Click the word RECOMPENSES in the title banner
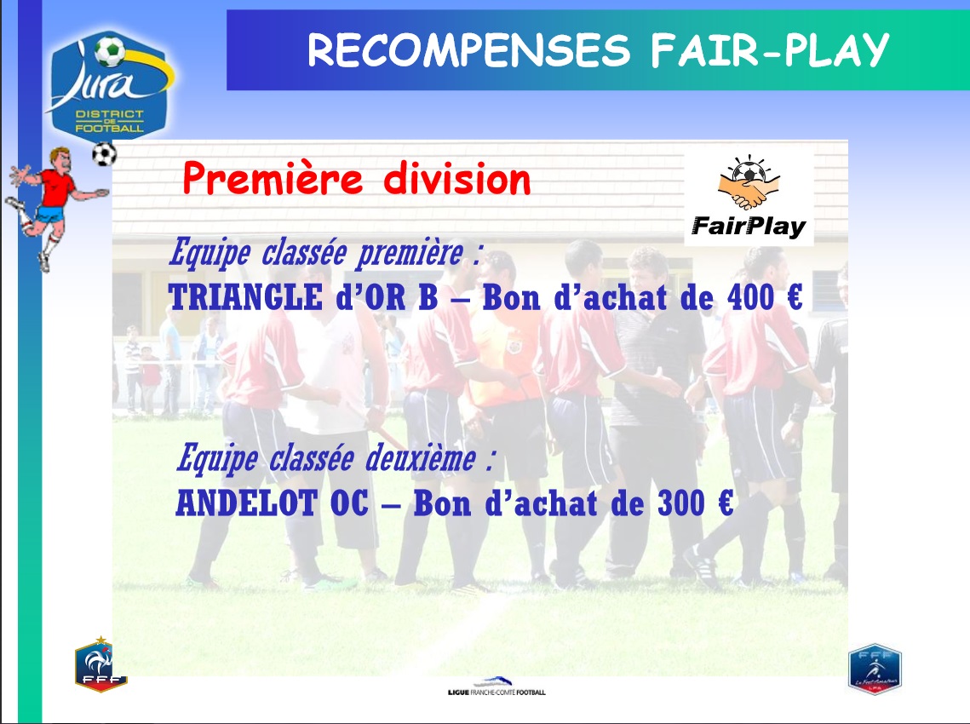point(469,50)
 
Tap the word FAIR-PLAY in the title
point(770,50)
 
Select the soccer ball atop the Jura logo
point(110,51)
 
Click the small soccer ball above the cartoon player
point(104,153)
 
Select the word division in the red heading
point(457,178)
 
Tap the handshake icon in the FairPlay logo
point(749,183)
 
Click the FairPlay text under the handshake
point(749,227)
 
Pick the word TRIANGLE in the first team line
point(245,297)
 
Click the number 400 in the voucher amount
point(750,297)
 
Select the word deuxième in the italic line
point(421,459)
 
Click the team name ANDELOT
point(246,503)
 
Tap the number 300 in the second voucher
point(681,503)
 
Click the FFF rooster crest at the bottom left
point(100,664)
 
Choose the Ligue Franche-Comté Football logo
point(496,686)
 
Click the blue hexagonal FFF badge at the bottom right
point(875,669)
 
